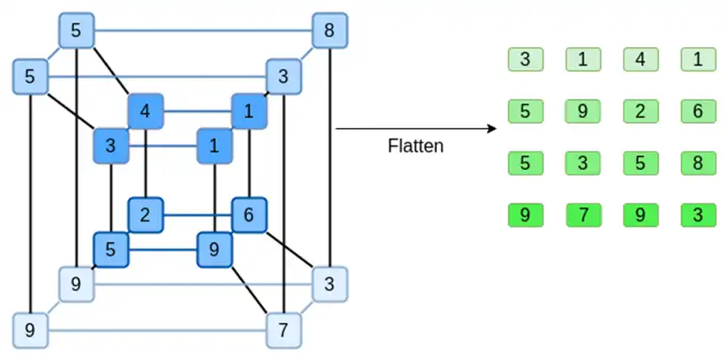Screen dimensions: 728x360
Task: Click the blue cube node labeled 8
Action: tap(330, 30)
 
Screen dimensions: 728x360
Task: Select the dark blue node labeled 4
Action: tap(146, 111)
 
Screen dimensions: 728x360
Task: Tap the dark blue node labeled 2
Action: tap(146, 215)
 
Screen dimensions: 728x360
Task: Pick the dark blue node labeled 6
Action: tap(249, 215)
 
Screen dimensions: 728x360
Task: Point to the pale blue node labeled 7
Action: tap(284, 331)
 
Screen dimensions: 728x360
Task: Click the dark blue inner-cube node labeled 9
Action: tap(214, 250)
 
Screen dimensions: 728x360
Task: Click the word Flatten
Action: tap(416, 146)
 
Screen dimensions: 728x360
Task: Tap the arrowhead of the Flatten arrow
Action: tap(493, 129)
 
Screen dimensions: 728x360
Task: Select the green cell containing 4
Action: tap(640, 60)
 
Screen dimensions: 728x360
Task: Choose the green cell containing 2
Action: tap(640, 111)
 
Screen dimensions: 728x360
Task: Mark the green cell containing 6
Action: tap(699, 111)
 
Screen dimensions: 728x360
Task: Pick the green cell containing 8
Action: tap(699, 163)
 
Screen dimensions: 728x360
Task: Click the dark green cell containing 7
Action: tap(583, 215)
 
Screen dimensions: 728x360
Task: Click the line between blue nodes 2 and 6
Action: tap(197, 215)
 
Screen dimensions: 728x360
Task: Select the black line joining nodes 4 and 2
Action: tap(146, 163)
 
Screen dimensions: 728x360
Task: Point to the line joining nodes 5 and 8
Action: tap(204, 31)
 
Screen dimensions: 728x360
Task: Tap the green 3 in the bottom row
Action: tap(699, 215)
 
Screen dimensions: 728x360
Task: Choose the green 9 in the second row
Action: tap(583, 111)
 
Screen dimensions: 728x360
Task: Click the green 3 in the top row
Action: tap(525, 60)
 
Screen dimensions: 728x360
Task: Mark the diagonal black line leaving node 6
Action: tap(290, 250)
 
